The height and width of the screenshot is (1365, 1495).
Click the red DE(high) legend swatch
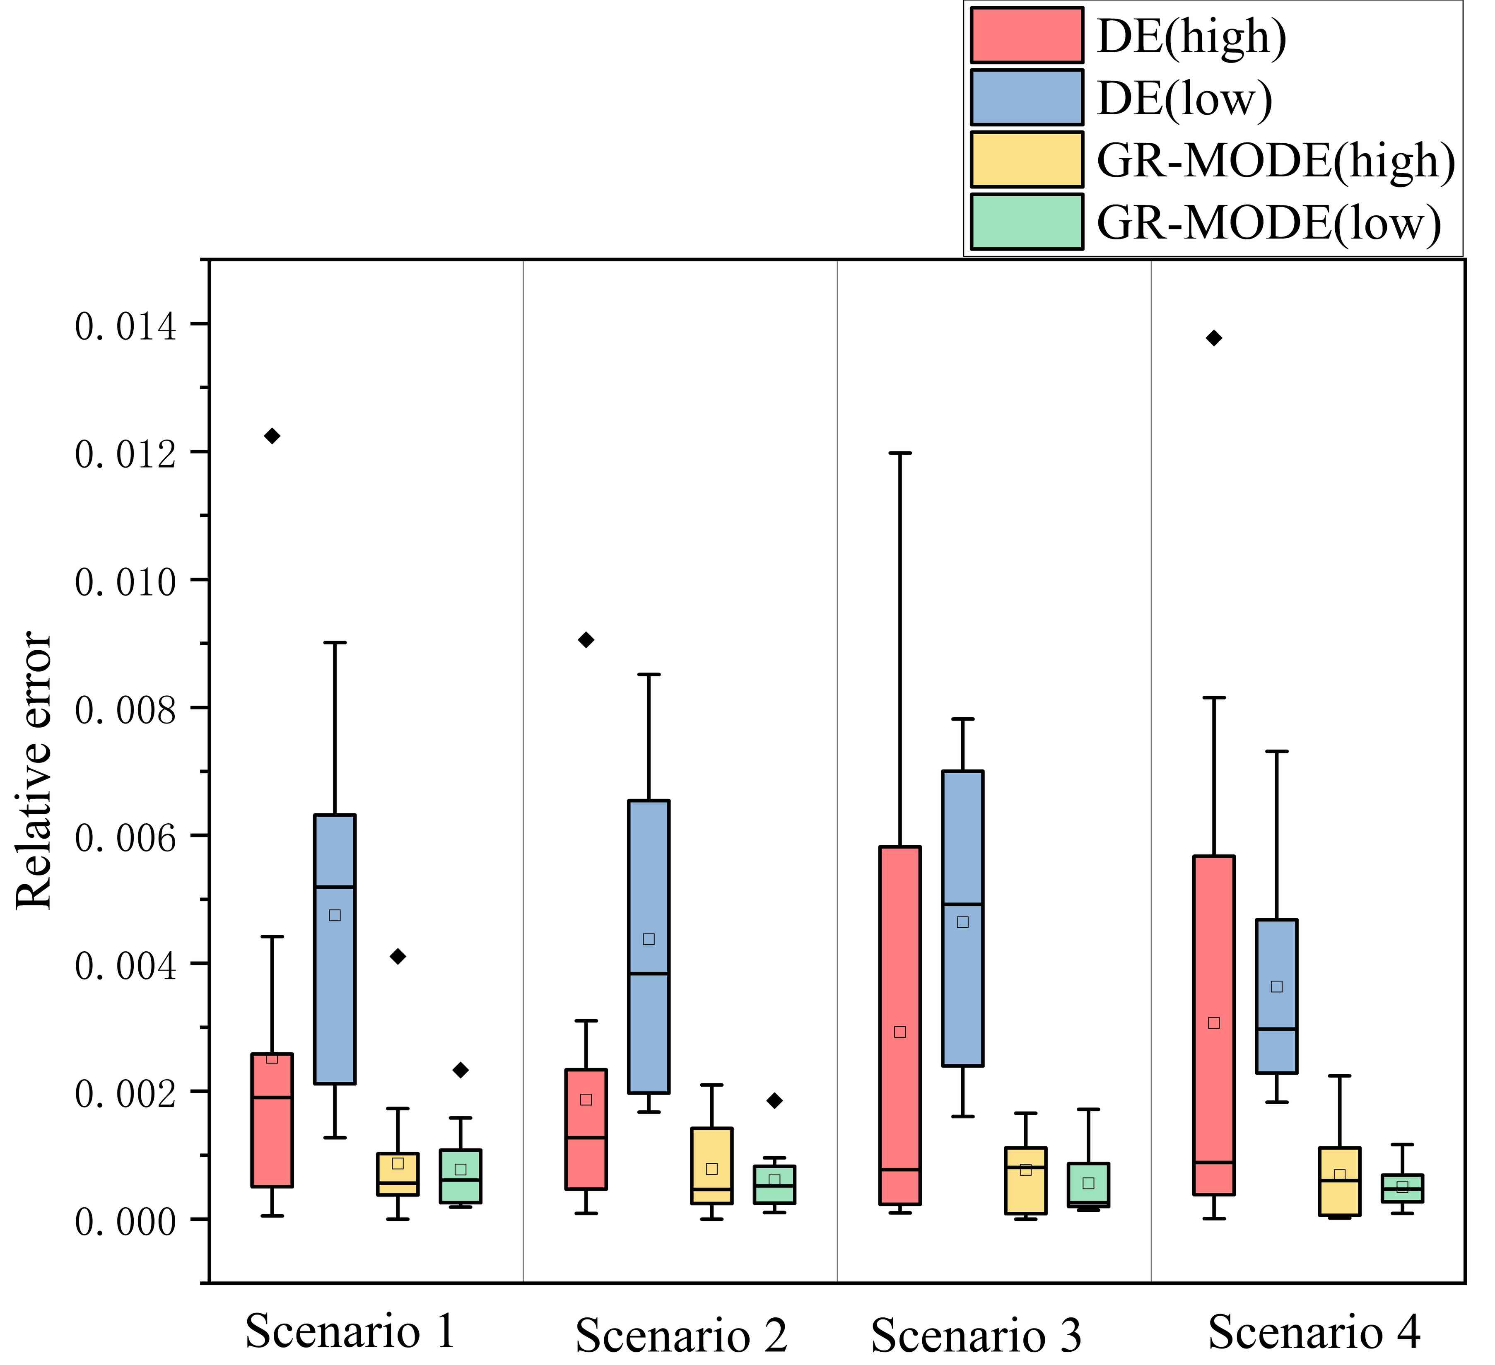click(x=1026, y=35)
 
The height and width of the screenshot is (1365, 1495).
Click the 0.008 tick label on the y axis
click(x=126, y=709)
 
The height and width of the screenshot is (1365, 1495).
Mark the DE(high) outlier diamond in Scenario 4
click(x=1214, y=338)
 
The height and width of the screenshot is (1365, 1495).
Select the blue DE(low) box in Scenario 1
click(x=335, y=949)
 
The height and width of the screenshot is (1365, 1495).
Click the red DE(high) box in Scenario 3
click(x=900, y=1023)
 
